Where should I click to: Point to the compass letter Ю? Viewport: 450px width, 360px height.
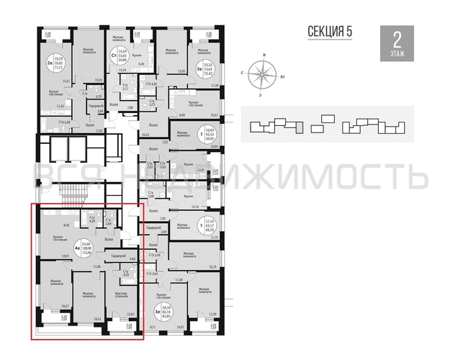[x=284, y=74]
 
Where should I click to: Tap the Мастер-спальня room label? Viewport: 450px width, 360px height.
[x=122, y=294]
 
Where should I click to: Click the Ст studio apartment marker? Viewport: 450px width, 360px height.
[x=113, y=53]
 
